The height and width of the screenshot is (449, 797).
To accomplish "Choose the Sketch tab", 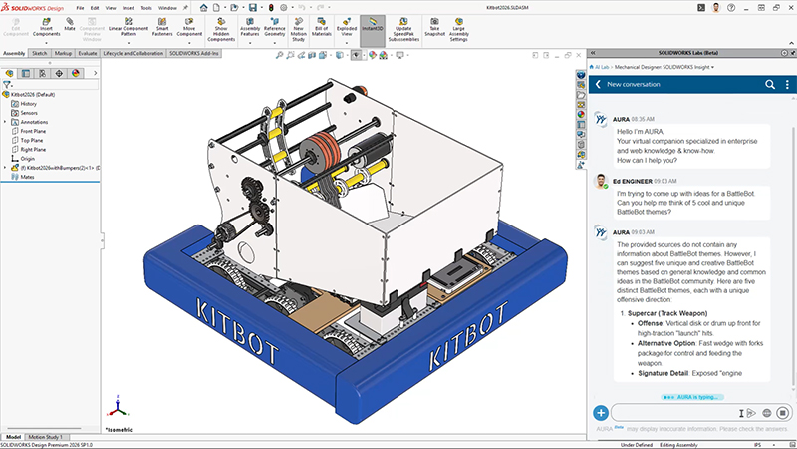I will point(39,53).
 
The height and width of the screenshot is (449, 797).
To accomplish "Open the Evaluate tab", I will point(88,53).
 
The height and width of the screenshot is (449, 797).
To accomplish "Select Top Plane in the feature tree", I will point(32,140).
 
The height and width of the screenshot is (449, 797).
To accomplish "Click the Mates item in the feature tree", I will point(26,176).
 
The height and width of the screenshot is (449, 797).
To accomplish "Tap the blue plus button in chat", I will point(601,412).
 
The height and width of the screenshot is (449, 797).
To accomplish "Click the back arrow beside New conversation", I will point(598,85).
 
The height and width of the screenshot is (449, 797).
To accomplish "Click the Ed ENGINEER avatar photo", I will point(601,182).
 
